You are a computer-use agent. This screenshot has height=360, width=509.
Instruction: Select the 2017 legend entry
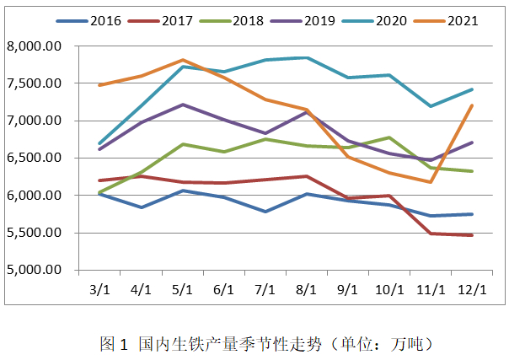(174, 19)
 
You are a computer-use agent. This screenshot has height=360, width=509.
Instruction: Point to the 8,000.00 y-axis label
(35, 46)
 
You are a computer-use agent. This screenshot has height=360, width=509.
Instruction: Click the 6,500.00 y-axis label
(35, 159)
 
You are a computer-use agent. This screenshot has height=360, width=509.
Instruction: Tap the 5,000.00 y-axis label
(35, 271)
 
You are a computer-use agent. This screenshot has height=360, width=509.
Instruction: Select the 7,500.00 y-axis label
(35, 83)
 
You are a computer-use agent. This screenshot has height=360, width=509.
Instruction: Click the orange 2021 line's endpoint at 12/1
(472, 105)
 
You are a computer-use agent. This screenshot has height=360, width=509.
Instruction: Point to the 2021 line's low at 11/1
(431, 182)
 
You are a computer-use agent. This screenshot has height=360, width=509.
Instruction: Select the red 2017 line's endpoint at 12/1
(472, 235)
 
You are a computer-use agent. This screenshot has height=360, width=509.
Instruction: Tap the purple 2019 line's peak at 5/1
(183, 105)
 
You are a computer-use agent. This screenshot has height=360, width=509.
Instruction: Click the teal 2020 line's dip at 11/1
(431, 106)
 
